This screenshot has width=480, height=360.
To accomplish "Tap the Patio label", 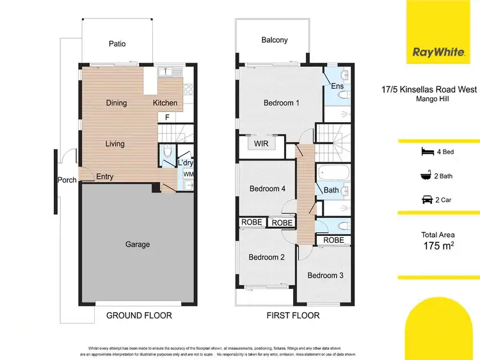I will point(116,44).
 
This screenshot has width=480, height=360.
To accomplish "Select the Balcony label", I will point(274,40).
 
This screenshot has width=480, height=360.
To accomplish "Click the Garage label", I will point(138,244).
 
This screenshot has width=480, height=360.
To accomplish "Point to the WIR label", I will point(261,144).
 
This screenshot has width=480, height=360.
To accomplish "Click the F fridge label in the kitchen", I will point(167,117).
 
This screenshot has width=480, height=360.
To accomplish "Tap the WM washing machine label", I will point(188,173).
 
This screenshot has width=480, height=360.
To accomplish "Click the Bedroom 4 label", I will point(267,189).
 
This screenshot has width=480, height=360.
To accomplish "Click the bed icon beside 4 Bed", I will point(426,151).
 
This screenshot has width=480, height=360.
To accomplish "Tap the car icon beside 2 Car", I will point(426,200).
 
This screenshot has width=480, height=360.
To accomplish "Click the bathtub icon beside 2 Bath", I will point(426,175).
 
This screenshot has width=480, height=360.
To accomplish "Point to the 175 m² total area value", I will point(438,246).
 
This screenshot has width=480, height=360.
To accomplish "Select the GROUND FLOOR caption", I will point(139,315).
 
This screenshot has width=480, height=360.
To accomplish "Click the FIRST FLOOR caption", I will point(292,315).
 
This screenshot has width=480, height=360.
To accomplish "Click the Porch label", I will point(67,180).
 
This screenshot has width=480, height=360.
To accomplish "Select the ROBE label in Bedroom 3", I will point(333,240).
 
